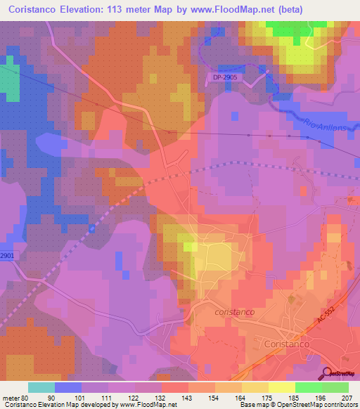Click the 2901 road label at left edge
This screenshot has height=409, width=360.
coord(7,256)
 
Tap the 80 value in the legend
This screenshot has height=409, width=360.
coord(28,397)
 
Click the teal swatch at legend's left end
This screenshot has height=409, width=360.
coord(41,387)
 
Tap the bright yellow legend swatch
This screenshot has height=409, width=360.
coord(281,387)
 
